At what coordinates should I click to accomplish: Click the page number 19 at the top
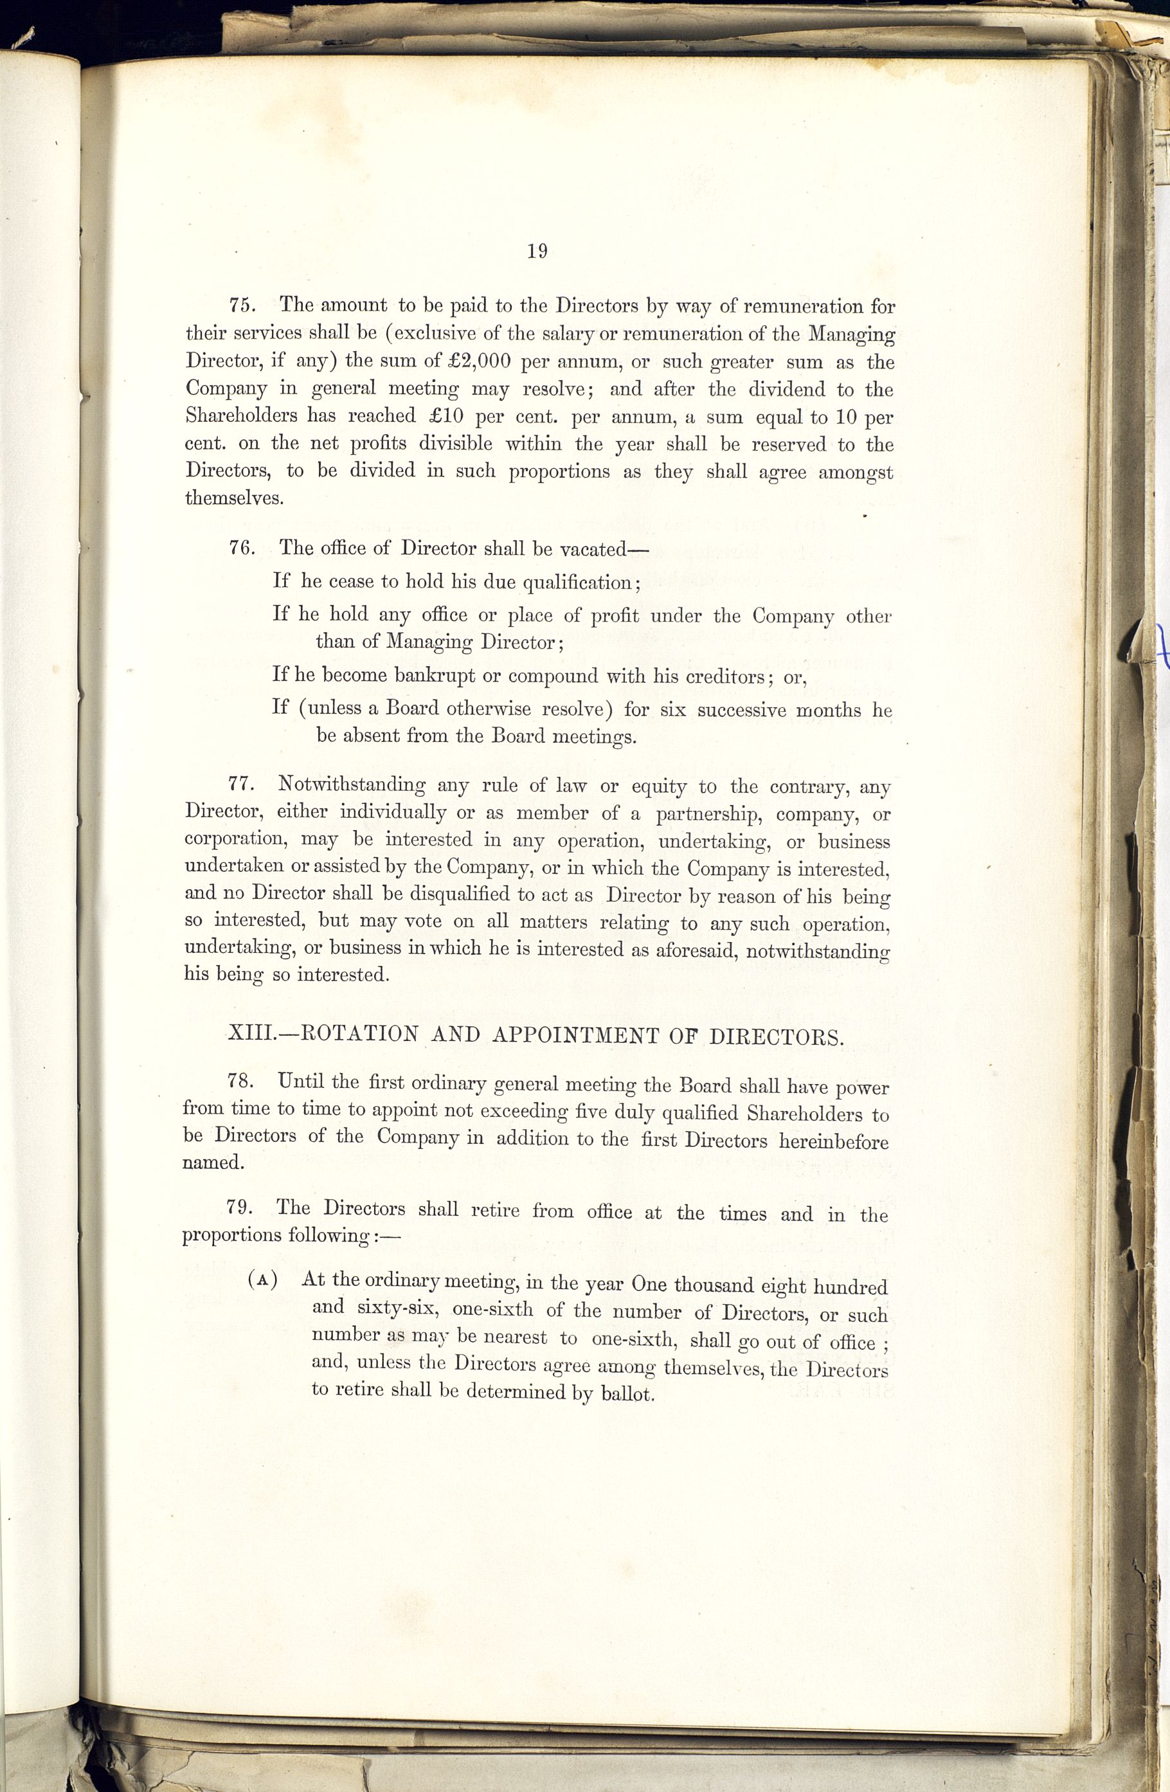pyautogui.click(x=537, y=251)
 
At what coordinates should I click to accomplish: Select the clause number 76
pyautogui.click(x=242, y=548)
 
